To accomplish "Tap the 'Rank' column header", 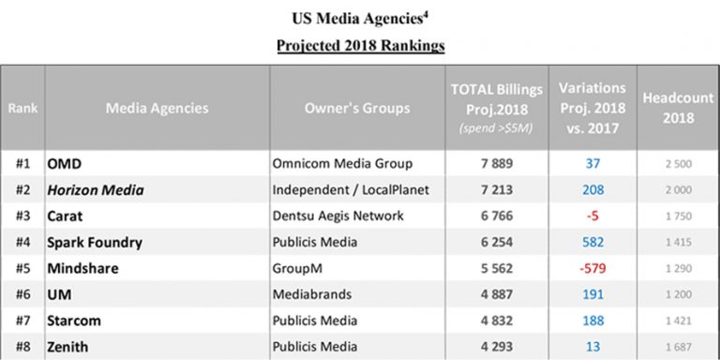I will (23, 108).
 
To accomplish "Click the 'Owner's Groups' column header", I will (357, 108).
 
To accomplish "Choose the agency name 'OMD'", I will (64, 163).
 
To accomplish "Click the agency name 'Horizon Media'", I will (96, 189).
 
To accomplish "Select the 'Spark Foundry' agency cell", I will (95, 242).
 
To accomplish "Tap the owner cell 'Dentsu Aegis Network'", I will (337, 216).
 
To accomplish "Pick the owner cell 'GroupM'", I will (294, 268).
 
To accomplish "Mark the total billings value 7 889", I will (496, 163).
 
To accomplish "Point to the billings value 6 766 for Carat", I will (496, 216).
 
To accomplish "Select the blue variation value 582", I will (592, 242).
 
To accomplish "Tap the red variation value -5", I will (592, 216).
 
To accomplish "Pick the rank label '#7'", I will (23, 321).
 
